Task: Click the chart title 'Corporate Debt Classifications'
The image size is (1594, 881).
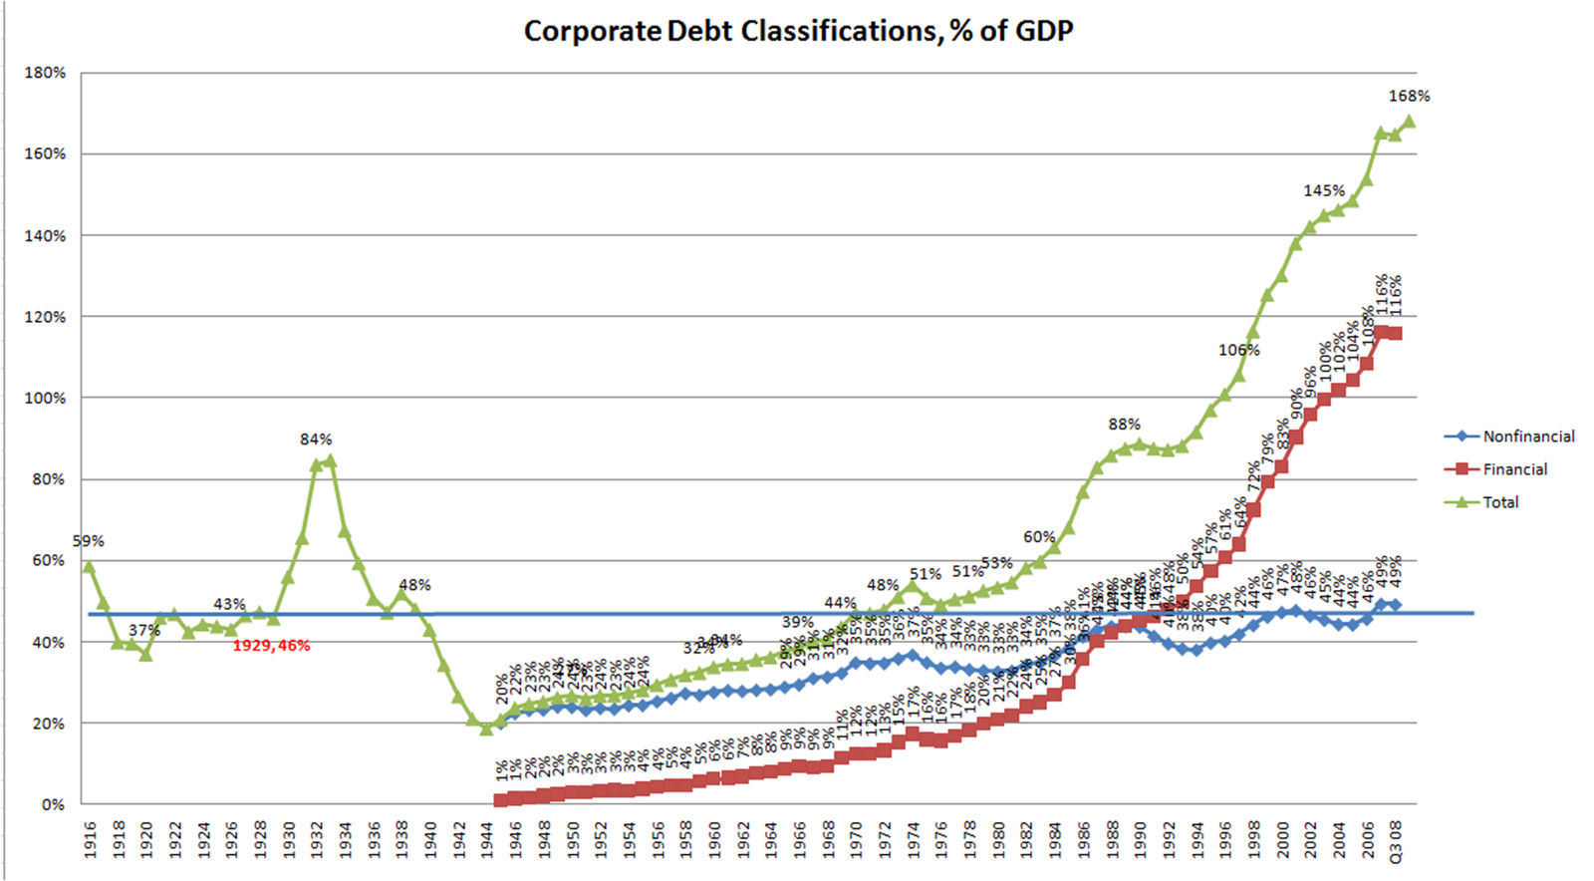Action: (x=798, y=31)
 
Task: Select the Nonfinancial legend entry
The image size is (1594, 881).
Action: (x=1528, y=437)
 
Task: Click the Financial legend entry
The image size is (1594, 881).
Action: (x=1514, y=469)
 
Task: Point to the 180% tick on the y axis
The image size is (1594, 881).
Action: (x=45, y=73)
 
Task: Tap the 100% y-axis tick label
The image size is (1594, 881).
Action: (x=45, y=398)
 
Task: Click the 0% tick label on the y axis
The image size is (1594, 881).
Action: (x=52, y=804)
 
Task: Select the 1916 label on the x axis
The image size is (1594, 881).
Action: (x=90, y=839)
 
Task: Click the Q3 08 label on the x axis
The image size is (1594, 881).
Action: (x=1396, y=842)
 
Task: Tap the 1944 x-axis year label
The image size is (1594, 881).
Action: (x=487, y=839)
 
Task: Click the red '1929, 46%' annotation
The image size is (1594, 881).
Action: (x=271, y=646)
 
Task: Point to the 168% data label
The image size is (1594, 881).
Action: (x=1409, y=96)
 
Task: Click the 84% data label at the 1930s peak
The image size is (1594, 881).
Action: (x=316, y=439)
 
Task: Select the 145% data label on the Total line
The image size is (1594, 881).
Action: (x=1324, y=190)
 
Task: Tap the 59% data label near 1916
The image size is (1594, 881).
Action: (x=88, y=541)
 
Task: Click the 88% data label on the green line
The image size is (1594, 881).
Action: (x=1124, y=425)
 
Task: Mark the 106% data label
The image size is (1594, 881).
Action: (x=1238, y=350)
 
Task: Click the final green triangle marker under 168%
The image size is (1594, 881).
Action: (x=1409, y=122)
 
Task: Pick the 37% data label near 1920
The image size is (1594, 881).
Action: (x=144, y=630)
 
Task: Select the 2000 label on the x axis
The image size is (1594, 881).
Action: (x=1282, y=839)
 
